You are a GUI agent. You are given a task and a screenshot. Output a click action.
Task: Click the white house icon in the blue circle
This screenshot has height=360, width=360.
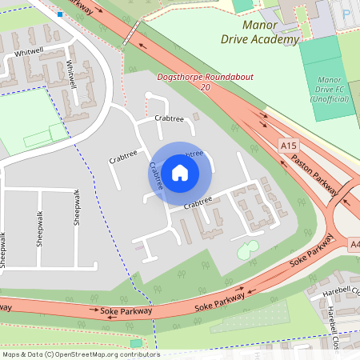pos(180,172)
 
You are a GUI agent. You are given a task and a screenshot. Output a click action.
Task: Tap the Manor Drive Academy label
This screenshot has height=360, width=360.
pos(259,33)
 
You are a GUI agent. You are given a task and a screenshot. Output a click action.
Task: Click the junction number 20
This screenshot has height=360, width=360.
pos(206,86)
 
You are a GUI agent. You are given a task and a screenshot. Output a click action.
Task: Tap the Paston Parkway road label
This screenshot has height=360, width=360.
pos(315,167)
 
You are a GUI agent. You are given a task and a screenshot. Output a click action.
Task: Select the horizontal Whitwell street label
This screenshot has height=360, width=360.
pos(29,51)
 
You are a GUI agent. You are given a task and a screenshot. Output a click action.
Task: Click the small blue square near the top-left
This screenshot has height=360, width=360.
pos(60,14)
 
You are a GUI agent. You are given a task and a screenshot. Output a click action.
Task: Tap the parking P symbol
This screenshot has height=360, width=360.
pos(346,14)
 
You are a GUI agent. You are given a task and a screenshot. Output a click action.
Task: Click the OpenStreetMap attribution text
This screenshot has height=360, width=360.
pos(81,354)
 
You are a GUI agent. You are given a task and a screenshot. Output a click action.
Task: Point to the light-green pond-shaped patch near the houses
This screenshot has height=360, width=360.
pos(248,250)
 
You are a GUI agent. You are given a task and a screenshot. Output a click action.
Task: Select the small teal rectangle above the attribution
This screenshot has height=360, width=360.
pos(136,343)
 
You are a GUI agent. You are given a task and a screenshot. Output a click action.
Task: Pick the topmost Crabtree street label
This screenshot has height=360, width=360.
pos(169,118)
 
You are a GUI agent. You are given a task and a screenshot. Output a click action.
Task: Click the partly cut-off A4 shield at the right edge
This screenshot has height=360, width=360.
pos(354,244)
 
